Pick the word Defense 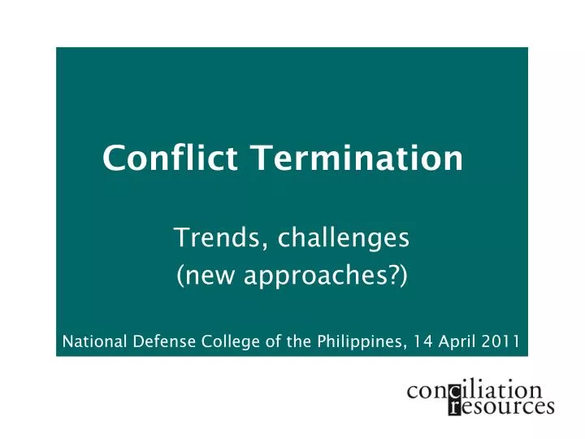click(162, 341)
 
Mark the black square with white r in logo click(454, 406)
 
